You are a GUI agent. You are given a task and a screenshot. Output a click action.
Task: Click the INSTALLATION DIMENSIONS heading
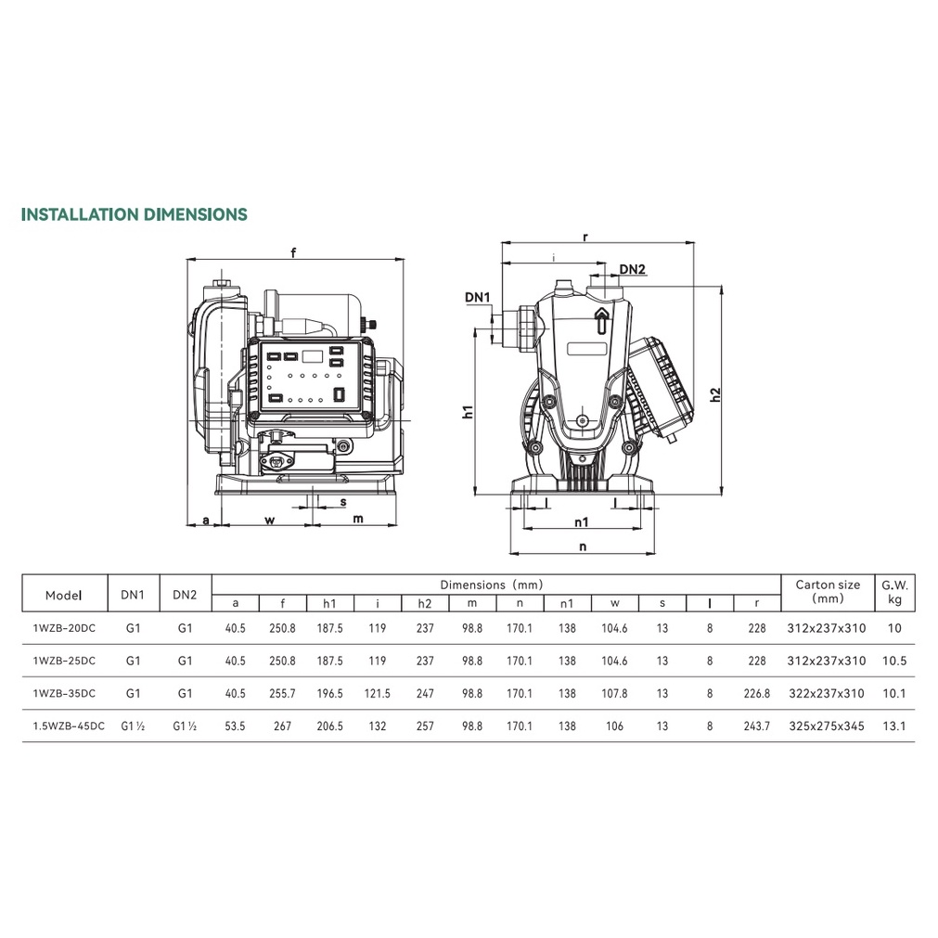click(134, 214)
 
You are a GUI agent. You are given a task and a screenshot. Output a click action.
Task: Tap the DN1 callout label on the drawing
click(478, 297)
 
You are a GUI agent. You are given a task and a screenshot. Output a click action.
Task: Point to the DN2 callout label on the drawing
click(633, 269)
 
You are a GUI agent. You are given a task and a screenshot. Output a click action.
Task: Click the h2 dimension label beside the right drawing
click(715, 395)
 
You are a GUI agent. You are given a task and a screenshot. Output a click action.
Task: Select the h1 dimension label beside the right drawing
click(468, 412)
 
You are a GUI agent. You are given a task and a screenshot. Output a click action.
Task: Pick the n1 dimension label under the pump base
click(582, 522)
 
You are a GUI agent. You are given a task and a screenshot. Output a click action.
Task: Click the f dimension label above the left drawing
click(293, 252)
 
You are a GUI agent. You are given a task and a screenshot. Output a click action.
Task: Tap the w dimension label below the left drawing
click(270, 520)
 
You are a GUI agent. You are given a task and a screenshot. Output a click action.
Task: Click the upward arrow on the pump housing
click(602, 320)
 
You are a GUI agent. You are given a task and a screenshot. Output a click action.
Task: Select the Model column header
click(64, 596)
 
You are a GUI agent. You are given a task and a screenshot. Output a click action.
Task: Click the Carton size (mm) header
click(828, 592)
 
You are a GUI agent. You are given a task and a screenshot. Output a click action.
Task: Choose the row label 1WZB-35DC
click(64, 693)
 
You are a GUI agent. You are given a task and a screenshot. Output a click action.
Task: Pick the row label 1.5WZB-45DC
click(69, 726)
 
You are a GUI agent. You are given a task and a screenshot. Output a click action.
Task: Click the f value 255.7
click(282, 693)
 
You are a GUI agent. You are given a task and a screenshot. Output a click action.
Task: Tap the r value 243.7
click(757, 726)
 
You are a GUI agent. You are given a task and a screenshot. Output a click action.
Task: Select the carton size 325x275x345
click(827, 726)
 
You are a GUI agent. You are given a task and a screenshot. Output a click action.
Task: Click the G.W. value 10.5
click(894, 661)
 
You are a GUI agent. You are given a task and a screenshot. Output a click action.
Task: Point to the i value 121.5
click(377, 693)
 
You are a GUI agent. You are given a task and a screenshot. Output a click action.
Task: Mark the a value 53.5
click(235, 726)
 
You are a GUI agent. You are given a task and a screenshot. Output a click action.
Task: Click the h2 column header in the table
click(425, 603)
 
